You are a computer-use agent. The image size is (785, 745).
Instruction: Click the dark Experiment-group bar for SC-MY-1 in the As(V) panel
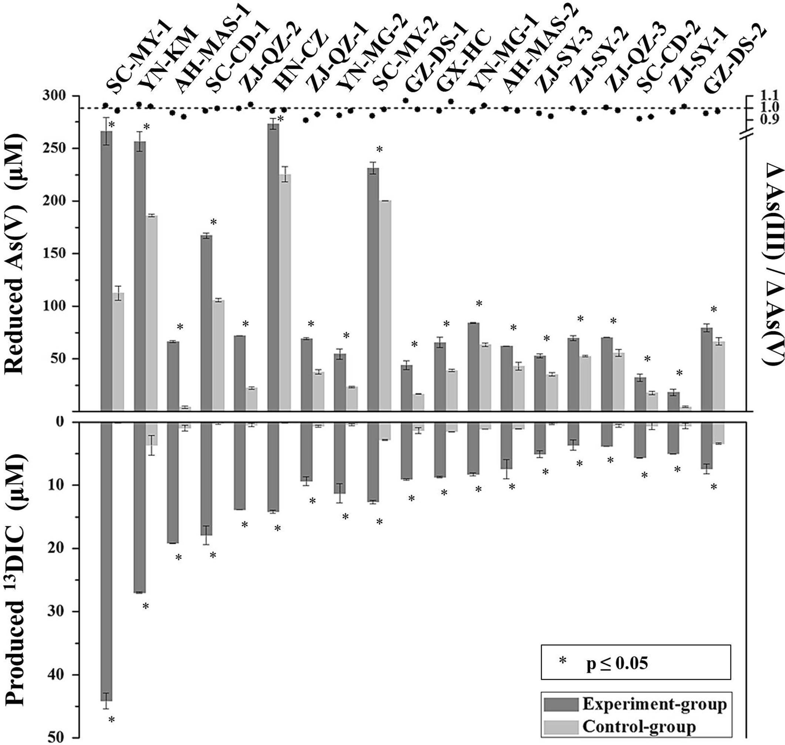tap(106, 270)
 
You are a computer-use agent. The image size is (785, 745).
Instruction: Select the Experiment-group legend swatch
tap(561, 704)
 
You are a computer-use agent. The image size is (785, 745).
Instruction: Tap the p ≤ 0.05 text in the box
tap(617, 663)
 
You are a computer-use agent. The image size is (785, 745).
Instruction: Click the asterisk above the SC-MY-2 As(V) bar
tap(379, 150)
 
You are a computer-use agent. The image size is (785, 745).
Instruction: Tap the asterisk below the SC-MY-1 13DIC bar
tap(112, 719)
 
